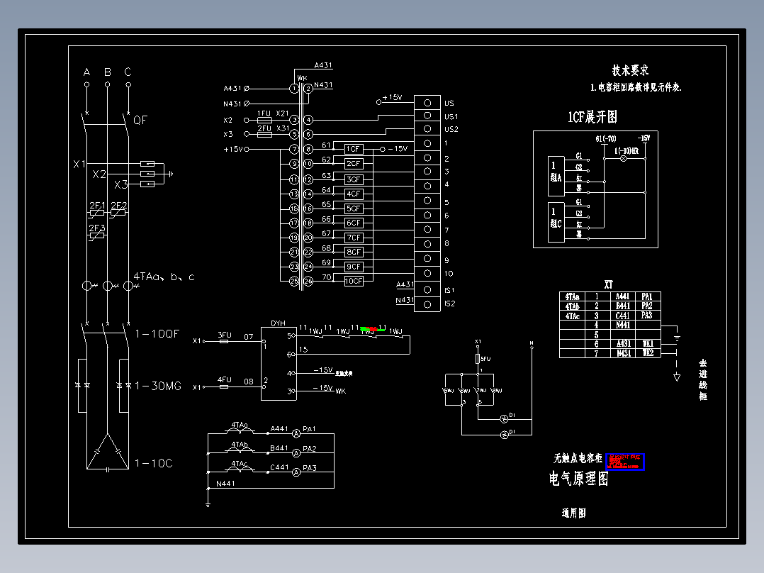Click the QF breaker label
[x=140, y=121]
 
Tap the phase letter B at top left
[x=108, y=72]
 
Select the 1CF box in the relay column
[x=354, y=149]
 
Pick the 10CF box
[x=354, y=281]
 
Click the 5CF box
[x=354, y=208]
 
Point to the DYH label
[x=279, y=323]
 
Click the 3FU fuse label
[x=224, y=335]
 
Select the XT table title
[x=608, y=284]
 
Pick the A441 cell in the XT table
[x=622, y=296]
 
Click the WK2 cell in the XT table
[x=648, y=352]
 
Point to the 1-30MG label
[x=158, y=386]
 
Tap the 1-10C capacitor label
[x=153, y=463]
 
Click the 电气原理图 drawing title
[x=578, y=479]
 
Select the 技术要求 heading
[x=630, y=70]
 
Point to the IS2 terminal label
[x=449, y=304]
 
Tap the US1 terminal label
[x=451, y=116]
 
